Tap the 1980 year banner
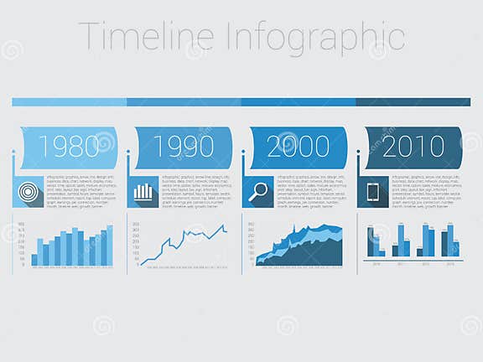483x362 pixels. point(70,147)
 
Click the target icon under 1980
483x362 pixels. point(29,192)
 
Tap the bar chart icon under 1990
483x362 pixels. point(143,192)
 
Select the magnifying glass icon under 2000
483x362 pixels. point(258,192)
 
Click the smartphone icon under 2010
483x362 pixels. point(373,192)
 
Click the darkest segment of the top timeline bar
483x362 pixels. point(413,102)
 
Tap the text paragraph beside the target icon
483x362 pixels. point(80,192)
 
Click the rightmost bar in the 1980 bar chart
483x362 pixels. point(109,246)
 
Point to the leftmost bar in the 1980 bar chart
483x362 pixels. point(34,260)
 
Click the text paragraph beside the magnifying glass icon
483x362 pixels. point(309,192)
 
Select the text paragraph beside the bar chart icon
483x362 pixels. point(195,192)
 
